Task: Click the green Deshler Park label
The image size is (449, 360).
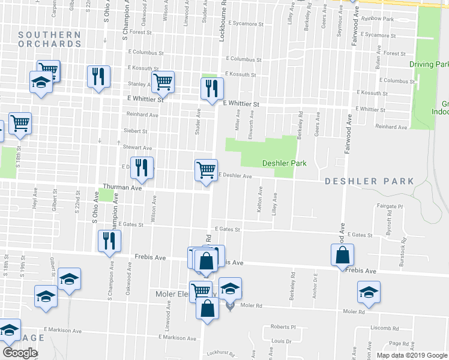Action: [x=284, y=163]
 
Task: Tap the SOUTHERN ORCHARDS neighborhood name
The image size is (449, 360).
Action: [x=49, y=40]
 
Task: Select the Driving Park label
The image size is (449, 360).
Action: [x=429, y=64]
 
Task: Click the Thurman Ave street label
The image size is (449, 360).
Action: [x=122, y=188]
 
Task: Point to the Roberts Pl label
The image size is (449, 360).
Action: [x=283, y=327]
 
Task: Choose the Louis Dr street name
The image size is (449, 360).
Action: [x=281, y=341]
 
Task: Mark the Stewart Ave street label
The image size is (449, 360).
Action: [x=138, y=147]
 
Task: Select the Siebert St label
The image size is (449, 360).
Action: [x=136, y=131]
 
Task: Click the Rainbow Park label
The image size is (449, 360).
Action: [x=378, y=19]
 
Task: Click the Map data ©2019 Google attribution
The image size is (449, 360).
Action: [x=412, y=355]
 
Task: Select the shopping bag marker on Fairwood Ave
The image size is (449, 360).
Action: [x=342, y=254]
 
